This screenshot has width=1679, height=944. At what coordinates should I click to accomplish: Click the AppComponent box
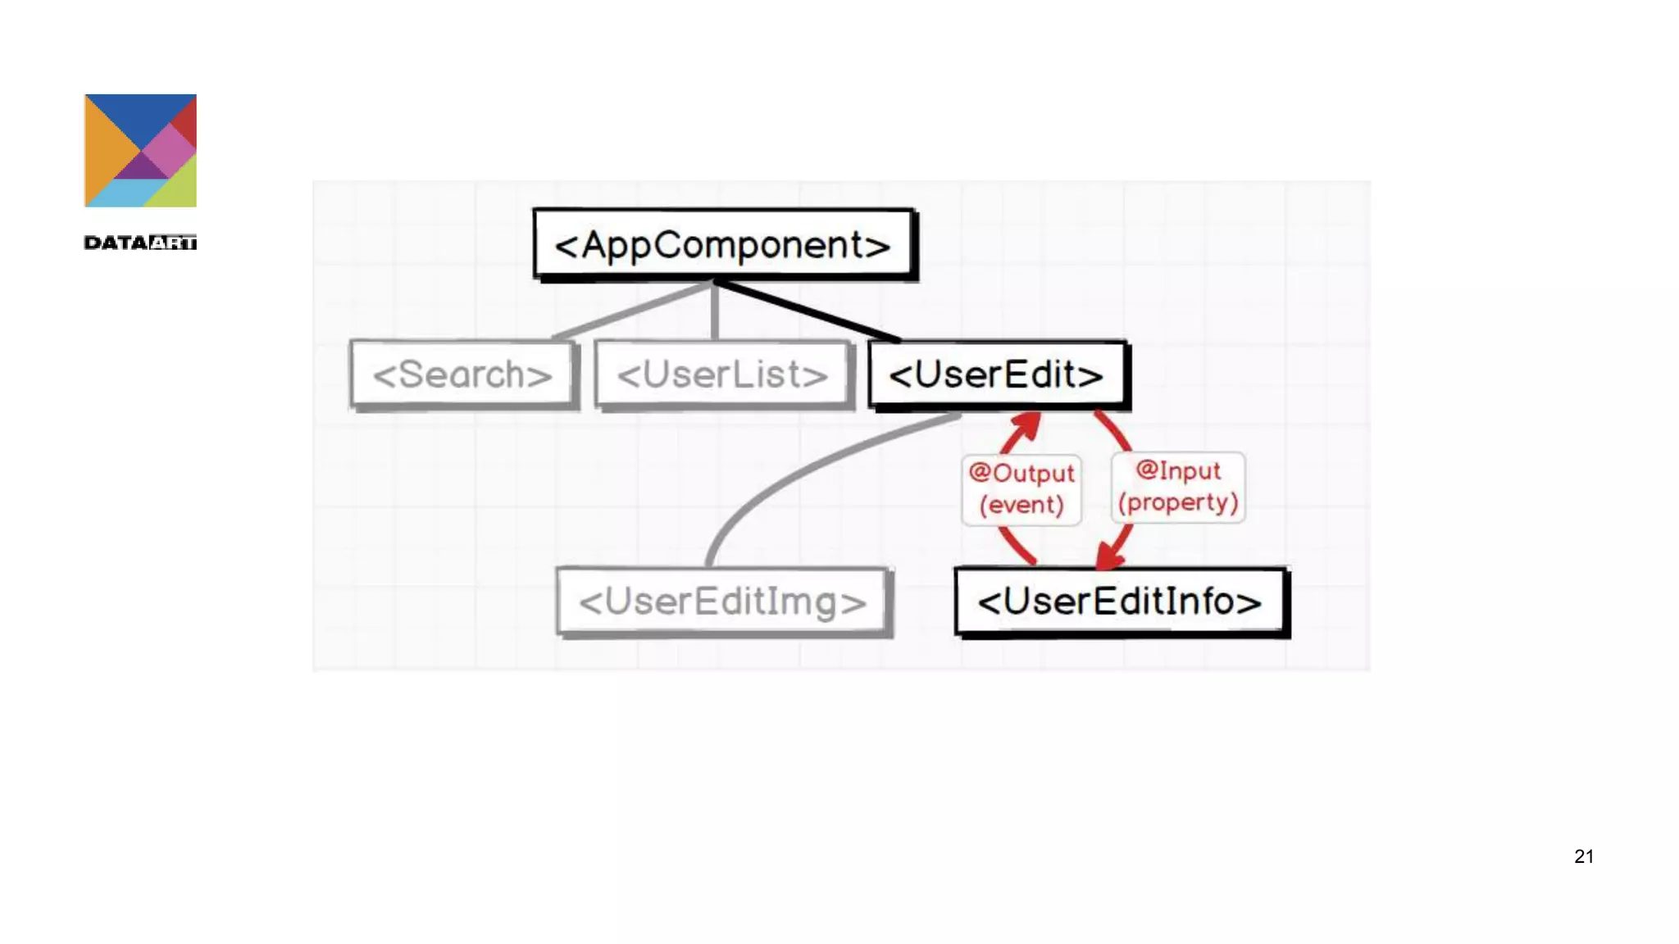pyautogui.click(x=723, y=244)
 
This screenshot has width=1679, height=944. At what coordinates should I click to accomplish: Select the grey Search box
pyautogui.click(x=462, y=374)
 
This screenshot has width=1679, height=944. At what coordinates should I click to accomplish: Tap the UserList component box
pyautogui.click(x=721, y=374)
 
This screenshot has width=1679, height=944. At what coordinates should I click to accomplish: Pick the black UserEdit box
pyautogui.click(x=996, y=374)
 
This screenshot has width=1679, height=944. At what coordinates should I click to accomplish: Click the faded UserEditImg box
pyautogui.click(x=722, y=601)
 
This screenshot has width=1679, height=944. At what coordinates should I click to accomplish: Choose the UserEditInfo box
pyautogui.click(x=1119, y=601)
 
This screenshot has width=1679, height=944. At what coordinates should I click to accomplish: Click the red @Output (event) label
pyautogui.click(x=1021, y=488)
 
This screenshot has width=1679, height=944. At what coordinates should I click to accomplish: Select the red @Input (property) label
pyautogui.click(x=1177, y=487)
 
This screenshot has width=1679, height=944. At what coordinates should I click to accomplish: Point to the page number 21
pyautogui.click(x=1584, y=856)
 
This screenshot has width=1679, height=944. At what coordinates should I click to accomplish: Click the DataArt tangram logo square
pyautogui.click(x=140, y=150)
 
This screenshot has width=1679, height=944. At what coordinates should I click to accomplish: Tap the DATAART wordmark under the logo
pyautogui.click(x=140, y=243)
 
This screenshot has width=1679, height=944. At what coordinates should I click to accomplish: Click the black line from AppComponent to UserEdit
pyautogui.click(x=808, y=311)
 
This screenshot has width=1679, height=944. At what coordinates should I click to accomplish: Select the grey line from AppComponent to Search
pyautogui.click(x=631, y=311)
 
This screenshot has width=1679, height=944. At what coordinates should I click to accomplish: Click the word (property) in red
pyautogui.click(x=1177, y=502)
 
